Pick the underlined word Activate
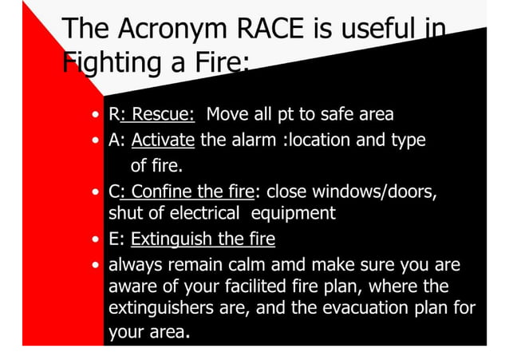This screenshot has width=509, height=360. pyautogui.click(x=163, y=141)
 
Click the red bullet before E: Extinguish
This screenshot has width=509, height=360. pyautogui.click(x=96, y=240)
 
